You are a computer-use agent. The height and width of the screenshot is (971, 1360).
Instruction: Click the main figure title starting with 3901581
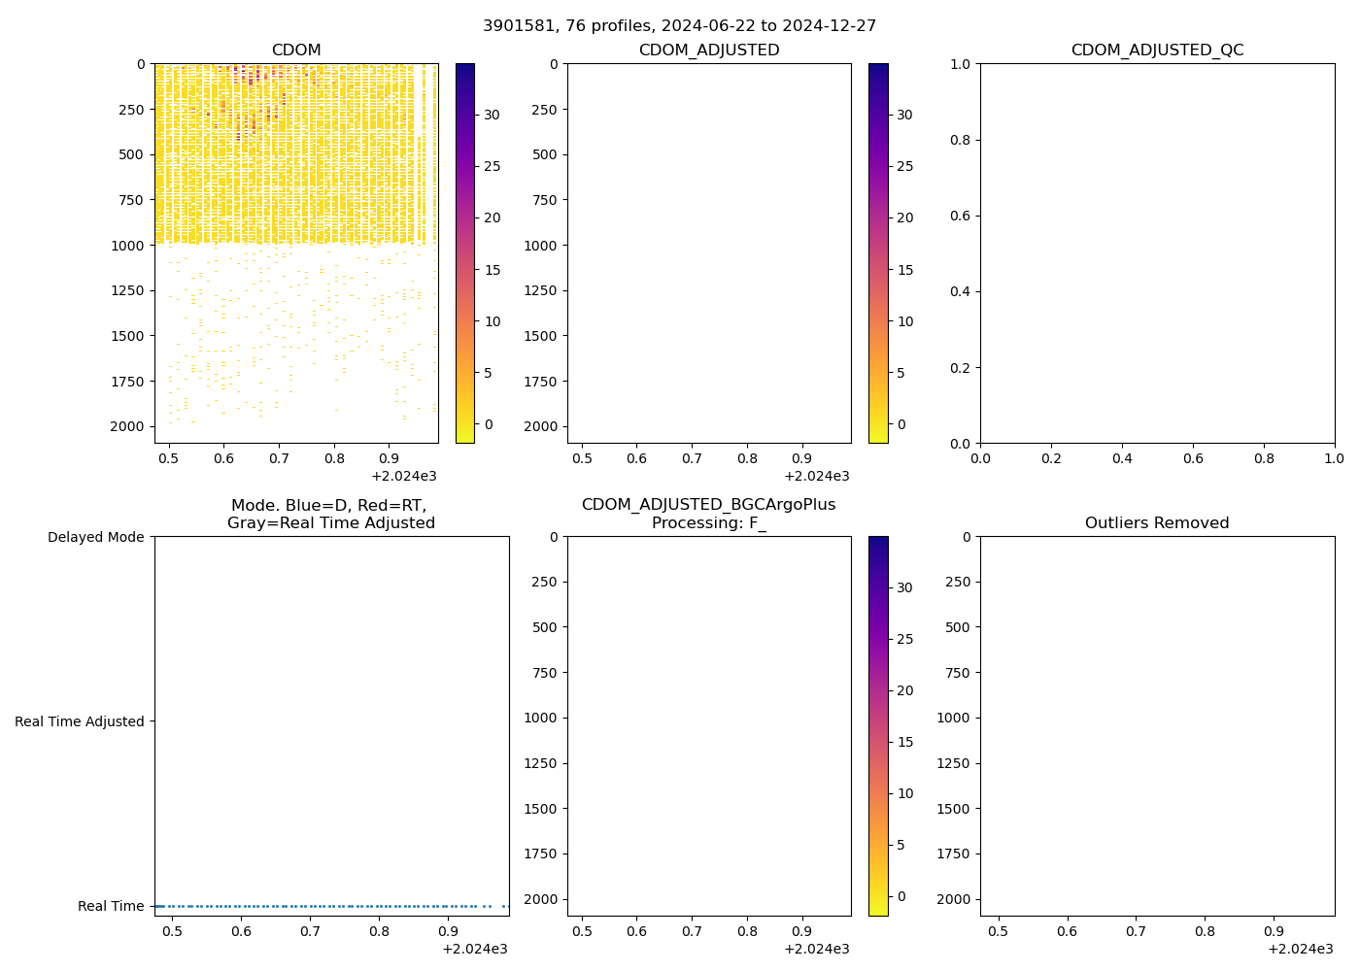pos(679,25)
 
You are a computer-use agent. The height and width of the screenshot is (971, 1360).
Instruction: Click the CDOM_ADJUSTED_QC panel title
pos(1157,50)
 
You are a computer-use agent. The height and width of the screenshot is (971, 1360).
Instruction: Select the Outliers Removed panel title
pos(1157,523)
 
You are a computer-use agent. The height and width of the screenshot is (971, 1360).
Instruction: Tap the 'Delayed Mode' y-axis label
pos(95,537)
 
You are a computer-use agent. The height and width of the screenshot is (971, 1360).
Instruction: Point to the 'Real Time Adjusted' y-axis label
pos(80,721)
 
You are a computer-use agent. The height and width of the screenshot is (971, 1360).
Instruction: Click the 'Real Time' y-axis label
pos(111,906)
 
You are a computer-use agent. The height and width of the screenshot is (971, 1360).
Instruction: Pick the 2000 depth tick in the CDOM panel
pos(127,426)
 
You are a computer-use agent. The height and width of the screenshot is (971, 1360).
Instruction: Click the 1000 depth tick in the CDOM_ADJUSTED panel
pos(540,246)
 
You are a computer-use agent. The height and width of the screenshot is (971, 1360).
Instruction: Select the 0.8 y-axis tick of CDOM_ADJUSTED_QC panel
pos(962,140)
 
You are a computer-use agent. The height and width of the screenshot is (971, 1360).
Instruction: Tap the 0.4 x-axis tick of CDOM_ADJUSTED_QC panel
pos(1122,457)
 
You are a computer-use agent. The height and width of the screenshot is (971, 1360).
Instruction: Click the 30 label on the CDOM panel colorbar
pos(492,115)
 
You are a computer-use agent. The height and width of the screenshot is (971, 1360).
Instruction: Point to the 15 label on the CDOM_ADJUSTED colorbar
pos(904,270)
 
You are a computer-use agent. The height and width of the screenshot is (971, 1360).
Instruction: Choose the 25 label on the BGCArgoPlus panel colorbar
pos(904,639)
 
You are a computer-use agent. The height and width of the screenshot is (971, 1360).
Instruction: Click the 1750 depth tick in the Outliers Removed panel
pos(953,854)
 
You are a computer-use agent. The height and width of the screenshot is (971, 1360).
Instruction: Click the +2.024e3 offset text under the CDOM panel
pos(404,476)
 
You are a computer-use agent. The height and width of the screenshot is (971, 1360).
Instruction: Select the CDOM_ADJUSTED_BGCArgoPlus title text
pos(708,505)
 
